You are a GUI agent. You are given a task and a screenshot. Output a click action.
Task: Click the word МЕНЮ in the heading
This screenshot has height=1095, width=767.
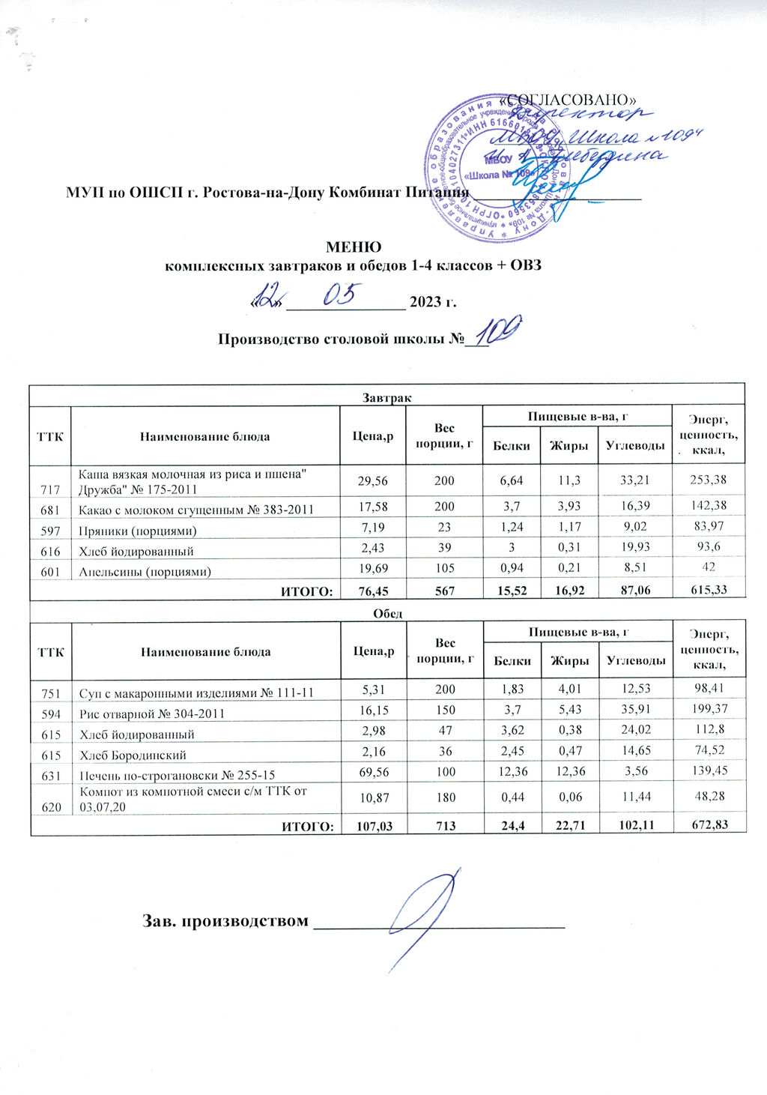click(353, 247)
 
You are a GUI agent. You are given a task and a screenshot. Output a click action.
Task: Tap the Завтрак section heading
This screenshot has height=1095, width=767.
click(387, 397)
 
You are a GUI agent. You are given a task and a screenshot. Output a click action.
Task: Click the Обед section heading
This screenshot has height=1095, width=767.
click(388, 613)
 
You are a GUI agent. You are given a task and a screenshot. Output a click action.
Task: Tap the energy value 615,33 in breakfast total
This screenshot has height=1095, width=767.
click(709, 591)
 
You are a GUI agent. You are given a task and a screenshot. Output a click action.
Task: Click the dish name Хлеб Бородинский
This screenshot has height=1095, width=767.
click(133, 755)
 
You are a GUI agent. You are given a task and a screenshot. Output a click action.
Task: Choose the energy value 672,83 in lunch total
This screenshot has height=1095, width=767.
click(709, 825)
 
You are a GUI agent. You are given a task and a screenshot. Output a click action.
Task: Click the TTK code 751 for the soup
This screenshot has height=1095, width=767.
click(50, 693)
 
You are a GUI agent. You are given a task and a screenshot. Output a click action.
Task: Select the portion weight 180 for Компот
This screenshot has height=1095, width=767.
click(446, 797)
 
